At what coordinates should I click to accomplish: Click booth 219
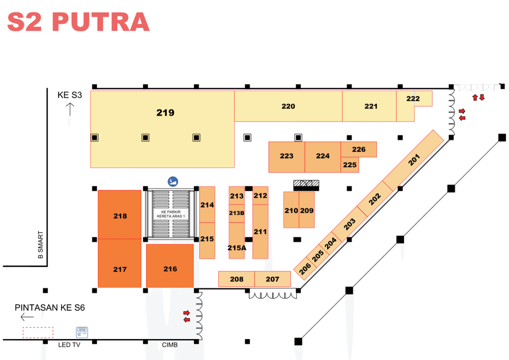coord(162,129)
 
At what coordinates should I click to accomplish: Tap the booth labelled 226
coord(359,149)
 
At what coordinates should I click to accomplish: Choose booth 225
coord(350,165)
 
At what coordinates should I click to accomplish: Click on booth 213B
coord(237,213)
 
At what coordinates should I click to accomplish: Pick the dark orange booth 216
coord(170,266)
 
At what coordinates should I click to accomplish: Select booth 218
coord(120,214)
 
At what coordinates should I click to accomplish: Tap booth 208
coord(237,279)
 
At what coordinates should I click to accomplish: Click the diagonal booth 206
coord(305,268)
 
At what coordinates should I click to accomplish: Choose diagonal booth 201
coord(413,160)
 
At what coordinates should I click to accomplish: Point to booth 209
coord(307,210)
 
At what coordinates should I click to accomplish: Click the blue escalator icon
coord(173,181)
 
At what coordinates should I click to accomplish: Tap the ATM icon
coord(82,332)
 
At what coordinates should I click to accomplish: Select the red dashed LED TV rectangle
coord(38,333)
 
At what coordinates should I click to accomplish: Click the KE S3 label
coord(70,95)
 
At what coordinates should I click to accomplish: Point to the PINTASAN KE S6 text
coord(50,308)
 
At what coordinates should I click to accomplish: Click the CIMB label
coord(170,345)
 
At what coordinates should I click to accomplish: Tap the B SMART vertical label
coord(41,245)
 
